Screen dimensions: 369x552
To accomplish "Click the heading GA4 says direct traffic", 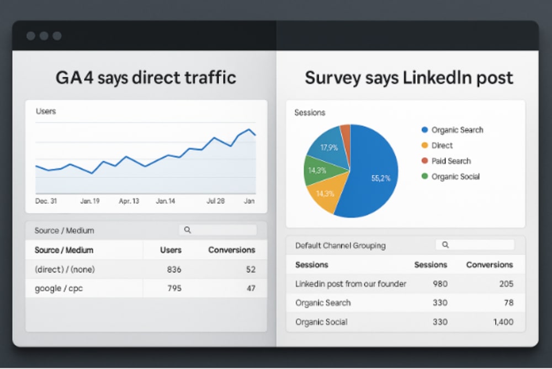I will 146,77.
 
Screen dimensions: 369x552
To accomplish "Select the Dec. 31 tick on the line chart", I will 46,201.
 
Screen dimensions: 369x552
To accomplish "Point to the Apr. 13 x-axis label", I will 129,201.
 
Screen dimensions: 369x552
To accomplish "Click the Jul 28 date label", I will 215,201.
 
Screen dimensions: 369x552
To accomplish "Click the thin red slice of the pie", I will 345,133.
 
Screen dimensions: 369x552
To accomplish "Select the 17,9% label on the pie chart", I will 330,147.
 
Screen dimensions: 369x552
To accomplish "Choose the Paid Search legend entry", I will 451,161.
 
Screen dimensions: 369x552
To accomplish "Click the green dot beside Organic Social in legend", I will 424,177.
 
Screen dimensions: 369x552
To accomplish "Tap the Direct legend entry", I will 442,146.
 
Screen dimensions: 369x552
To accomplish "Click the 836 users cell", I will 174,269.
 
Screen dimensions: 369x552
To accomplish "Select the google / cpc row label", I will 59,288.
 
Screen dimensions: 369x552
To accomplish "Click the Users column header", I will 171,250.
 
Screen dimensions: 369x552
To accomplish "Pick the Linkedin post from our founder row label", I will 351,284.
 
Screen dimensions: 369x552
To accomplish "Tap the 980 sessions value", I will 439,284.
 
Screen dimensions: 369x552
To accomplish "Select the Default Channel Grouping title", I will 340,245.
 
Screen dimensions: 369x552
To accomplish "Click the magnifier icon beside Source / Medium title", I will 187,230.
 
